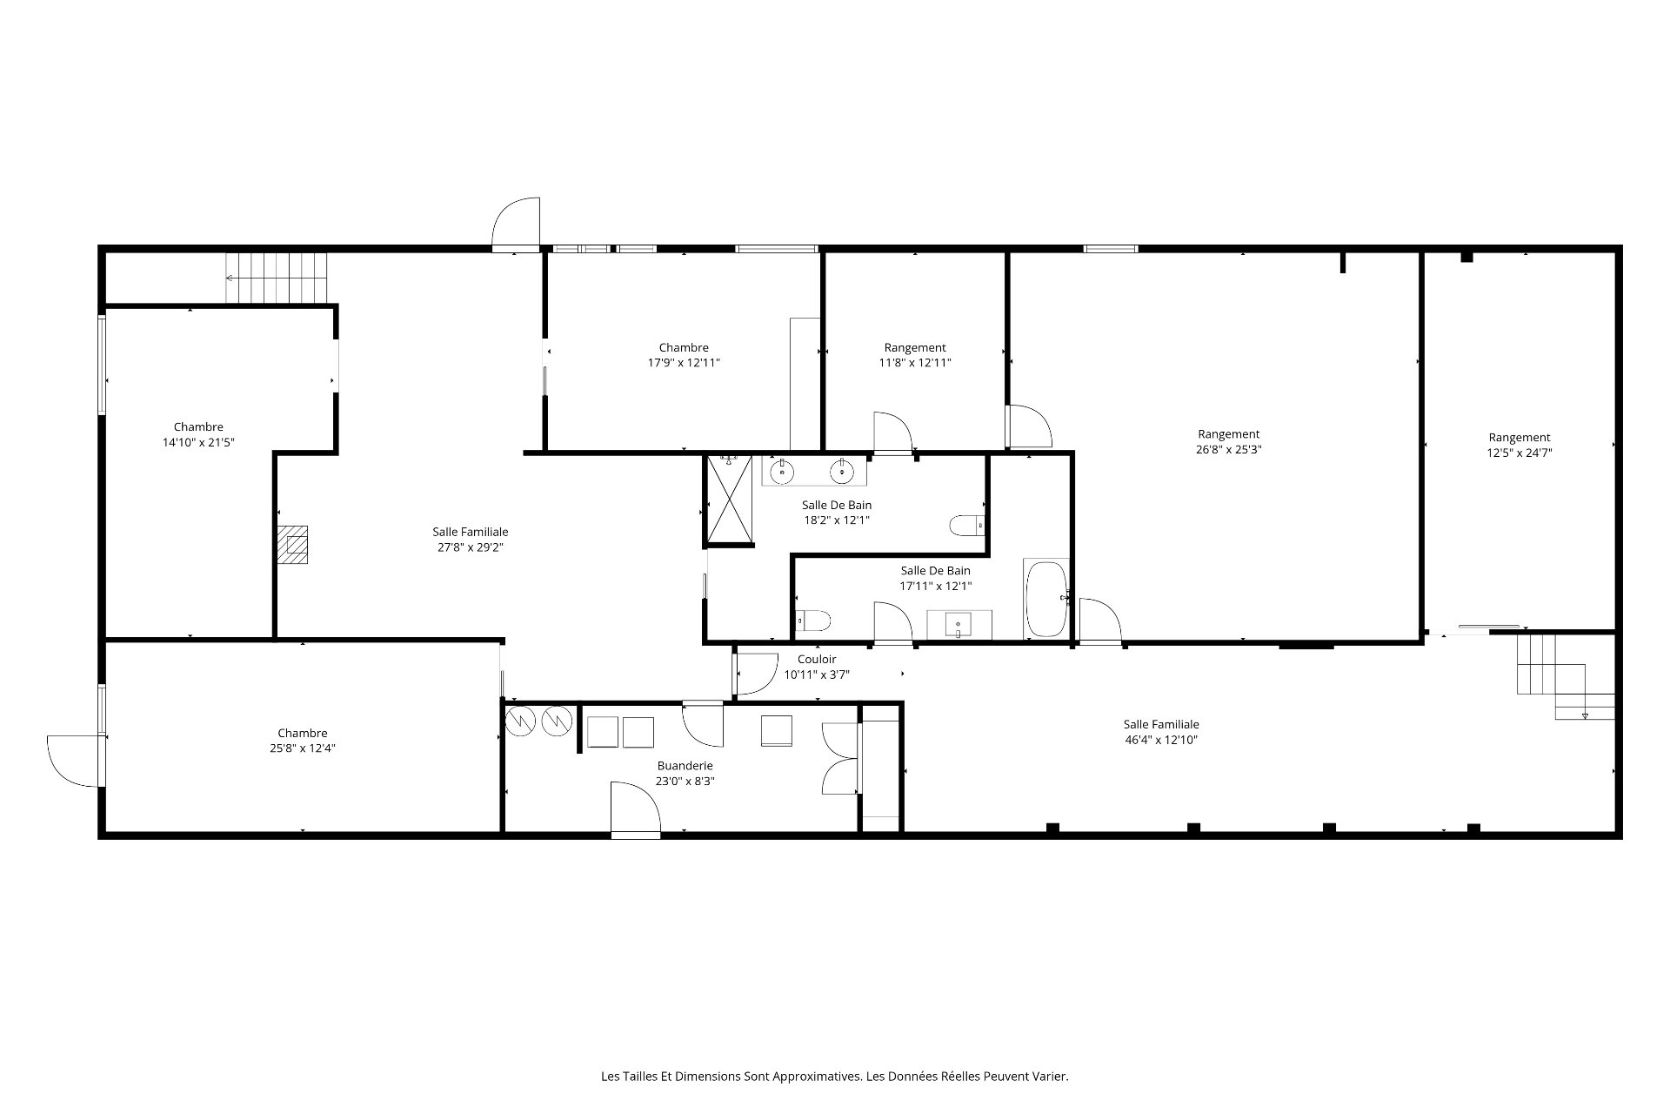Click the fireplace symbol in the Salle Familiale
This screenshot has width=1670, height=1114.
coord(293,544)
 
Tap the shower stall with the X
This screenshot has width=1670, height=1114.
coord(729,499)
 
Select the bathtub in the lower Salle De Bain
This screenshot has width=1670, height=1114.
coord(1046,599)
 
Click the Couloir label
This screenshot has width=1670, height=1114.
coord(817,660)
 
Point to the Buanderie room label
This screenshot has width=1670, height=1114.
coord(685,766)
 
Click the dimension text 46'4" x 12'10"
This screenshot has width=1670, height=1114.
coord(1161,741)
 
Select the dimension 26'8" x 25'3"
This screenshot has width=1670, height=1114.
coord(1229,450)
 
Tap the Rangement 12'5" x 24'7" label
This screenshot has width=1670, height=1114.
coord(1520,445)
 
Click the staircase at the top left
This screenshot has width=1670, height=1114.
coord(277,278)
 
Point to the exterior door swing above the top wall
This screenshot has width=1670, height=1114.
coord(516,224)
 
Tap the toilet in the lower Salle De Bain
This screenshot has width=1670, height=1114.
coord(813,621)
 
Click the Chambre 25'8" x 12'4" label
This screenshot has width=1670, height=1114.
coord(303,741)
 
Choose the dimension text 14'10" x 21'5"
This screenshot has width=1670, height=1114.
coord(198,442)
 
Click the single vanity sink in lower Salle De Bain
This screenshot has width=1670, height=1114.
coord(959,624)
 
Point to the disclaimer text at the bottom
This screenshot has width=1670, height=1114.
coord(835,1077)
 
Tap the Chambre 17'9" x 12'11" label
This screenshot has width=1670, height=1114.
coord(684,355)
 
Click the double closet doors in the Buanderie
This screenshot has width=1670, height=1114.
coord(841,759)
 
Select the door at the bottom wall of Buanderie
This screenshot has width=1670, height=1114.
coord(636,809)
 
